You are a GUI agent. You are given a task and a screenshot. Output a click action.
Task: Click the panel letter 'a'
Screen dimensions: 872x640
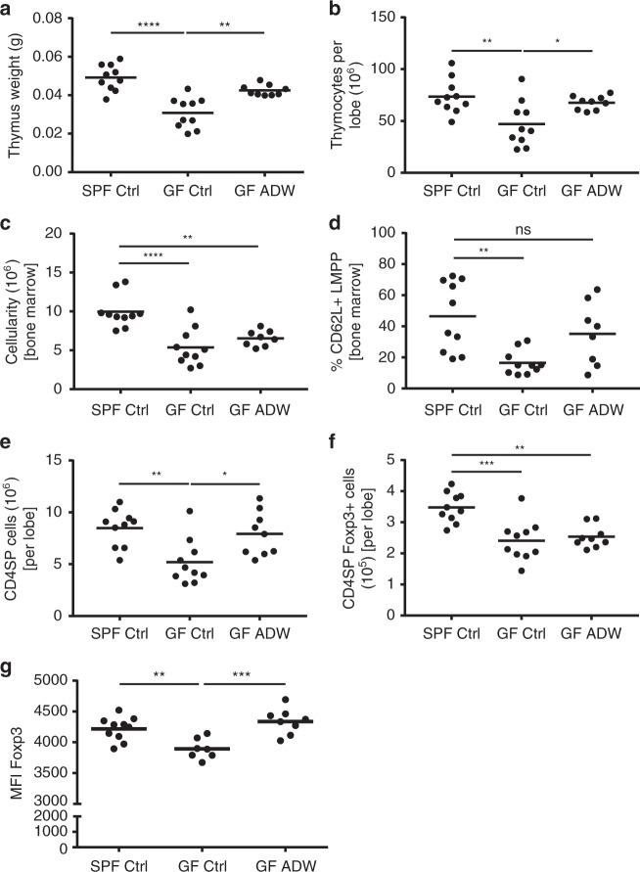pos(7,8)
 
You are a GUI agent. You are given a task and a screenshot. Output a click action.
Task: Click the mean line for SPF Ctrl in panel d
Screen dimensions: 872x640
pos(454,316)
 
